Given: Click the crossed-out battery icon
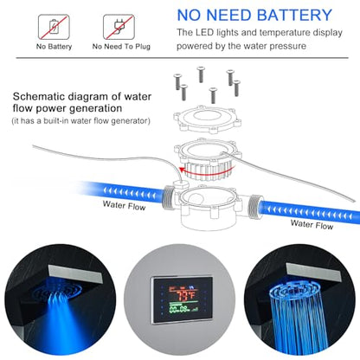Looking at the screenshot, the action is click(x=54, y=27).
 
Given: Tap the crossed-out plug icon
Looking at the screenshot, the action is click(x=119, y=27).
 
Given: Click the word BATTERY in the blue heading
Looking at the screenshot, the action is click(x=294, y=15).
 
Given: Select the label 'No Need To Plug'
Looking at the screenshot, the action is click(x=121, y=47).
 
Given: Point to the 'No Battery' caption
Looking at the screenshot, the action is click(x=54, y=47).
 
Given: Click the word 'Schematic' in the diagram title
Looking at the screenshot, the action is click(x=40, y=96).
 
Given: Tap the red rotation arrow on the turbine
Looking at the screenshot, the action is click(x=205, y=172).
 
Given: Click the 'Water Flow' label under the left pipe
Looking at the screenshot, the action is click(x=124, y=205).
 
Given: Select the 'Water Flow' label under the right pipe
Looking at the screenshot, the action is click(x=312, y=224).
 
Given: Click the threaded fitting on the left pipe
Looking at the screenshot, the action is click(x=168, y=197).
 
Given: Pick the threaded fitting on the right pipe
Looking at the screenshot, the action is click(x=255, y=206).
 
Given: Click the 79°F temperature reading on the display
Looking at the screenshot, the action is click(x=185, y=295).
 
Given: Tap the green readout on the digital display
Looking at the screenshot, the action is click(x=183, y=309).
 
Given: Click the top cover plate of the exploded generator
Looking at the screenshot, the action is click(x=207, y=118).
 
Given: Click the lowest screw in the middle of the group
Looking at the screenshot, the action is click(x=213, y=95).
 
